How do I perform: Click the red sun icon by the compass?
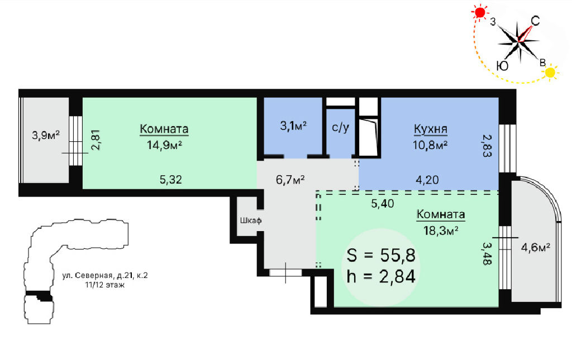[480, 13]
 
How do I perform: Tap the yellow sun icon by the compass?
[550, 72]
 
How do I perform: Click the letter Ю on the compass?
[503, 66]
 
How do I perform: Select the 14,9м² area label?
[164, 145]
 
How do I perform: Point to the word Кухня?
[431, 129]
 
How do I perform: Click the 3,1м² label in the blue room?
[293, 126]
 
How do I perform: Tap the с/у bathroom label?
[340, 127]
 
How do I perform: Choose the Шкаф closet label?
[251, 220]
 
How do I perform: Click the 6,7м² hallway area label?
[290, 180]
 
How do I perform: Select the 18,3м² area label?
[441, 231]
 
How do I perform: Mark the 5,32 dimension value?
[171, 180]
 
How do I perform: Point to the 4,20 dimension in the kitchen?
[427, 180]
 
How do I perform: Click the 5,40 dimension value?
[382, 204]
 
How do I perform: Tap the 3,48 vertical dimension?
[487, 253]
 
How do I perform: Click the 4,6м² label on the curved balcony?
[536, 248]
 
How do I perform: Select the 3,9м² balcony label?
[46, 136]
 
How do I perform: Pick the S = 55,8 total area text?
[381, 256]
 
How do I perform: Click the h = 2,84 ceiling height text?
[381, 277]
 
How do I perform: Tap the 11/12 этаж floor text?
[104, 285]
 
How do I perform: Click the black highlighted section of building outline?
[40, 295]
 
